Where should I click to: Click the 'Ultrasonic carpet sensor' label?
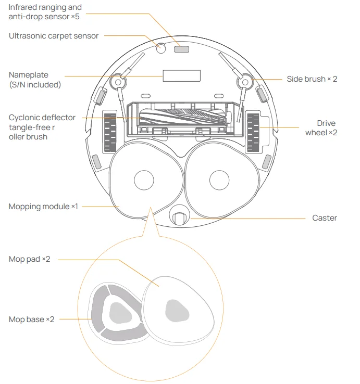[54, 36]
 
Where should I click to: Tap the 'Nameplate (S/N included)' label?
[35, 80]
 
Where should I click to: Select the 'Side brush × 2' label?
[312, 79]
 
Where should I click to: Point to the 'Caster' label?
[324, 218]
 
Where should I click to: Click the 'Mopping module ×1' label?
[43, 207]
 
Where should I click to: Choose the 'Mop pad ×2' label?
[30, 259]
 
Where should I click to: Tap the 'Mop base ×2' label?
[32, 319]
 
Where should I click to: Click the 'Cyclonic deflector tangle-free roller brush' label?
[42, 127]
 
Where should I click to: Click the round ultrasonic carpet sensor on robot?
[162, 48]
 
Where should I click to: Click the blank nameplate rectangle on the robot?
[181, 76]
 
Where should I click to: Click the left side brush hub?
[118, 82]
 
